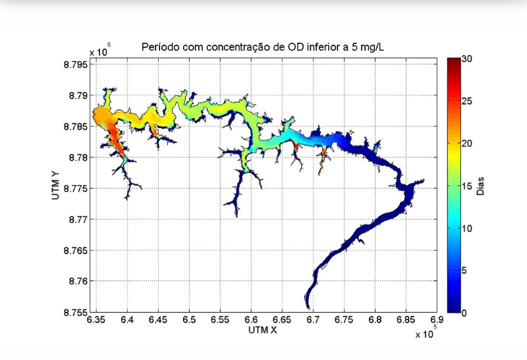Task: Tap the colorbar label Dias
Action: (x=482, y=186)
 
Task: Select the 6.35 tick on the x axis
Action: (x=97, y=320)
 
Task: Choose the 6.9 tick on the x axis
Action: (x=437, y=320)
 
